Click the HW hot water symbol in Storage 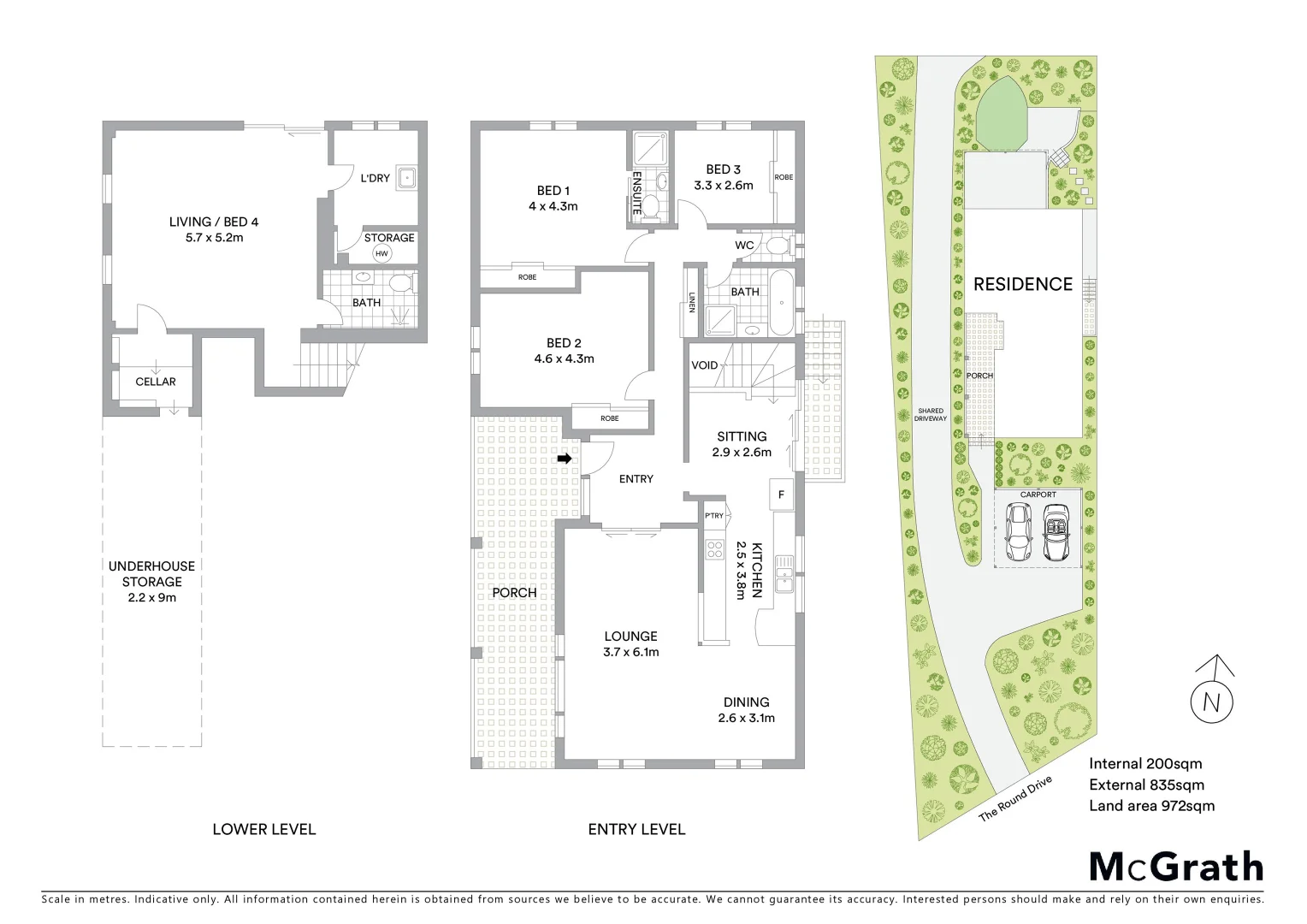[381, 253]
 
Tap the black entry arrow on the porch [564, 459]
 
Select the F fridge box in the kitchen [781, 495]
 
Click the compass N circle [1212, 702]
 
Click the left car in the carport [1019, 531]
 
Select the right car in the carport [1056, 531]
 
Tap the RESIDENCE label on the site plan [1022, 284]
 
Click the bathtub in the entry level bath [781, 303]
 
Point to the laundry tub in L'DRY [408, 179]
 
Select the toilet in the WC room [777, 246]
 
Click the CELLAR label [156, 382]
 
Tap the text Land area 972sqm [1151, 805]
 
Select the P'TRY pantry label [714, 516]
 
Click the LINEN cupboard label [692, 303]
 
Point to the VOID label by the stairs [705, 365]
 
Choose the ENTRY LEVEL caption [636, 829]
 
